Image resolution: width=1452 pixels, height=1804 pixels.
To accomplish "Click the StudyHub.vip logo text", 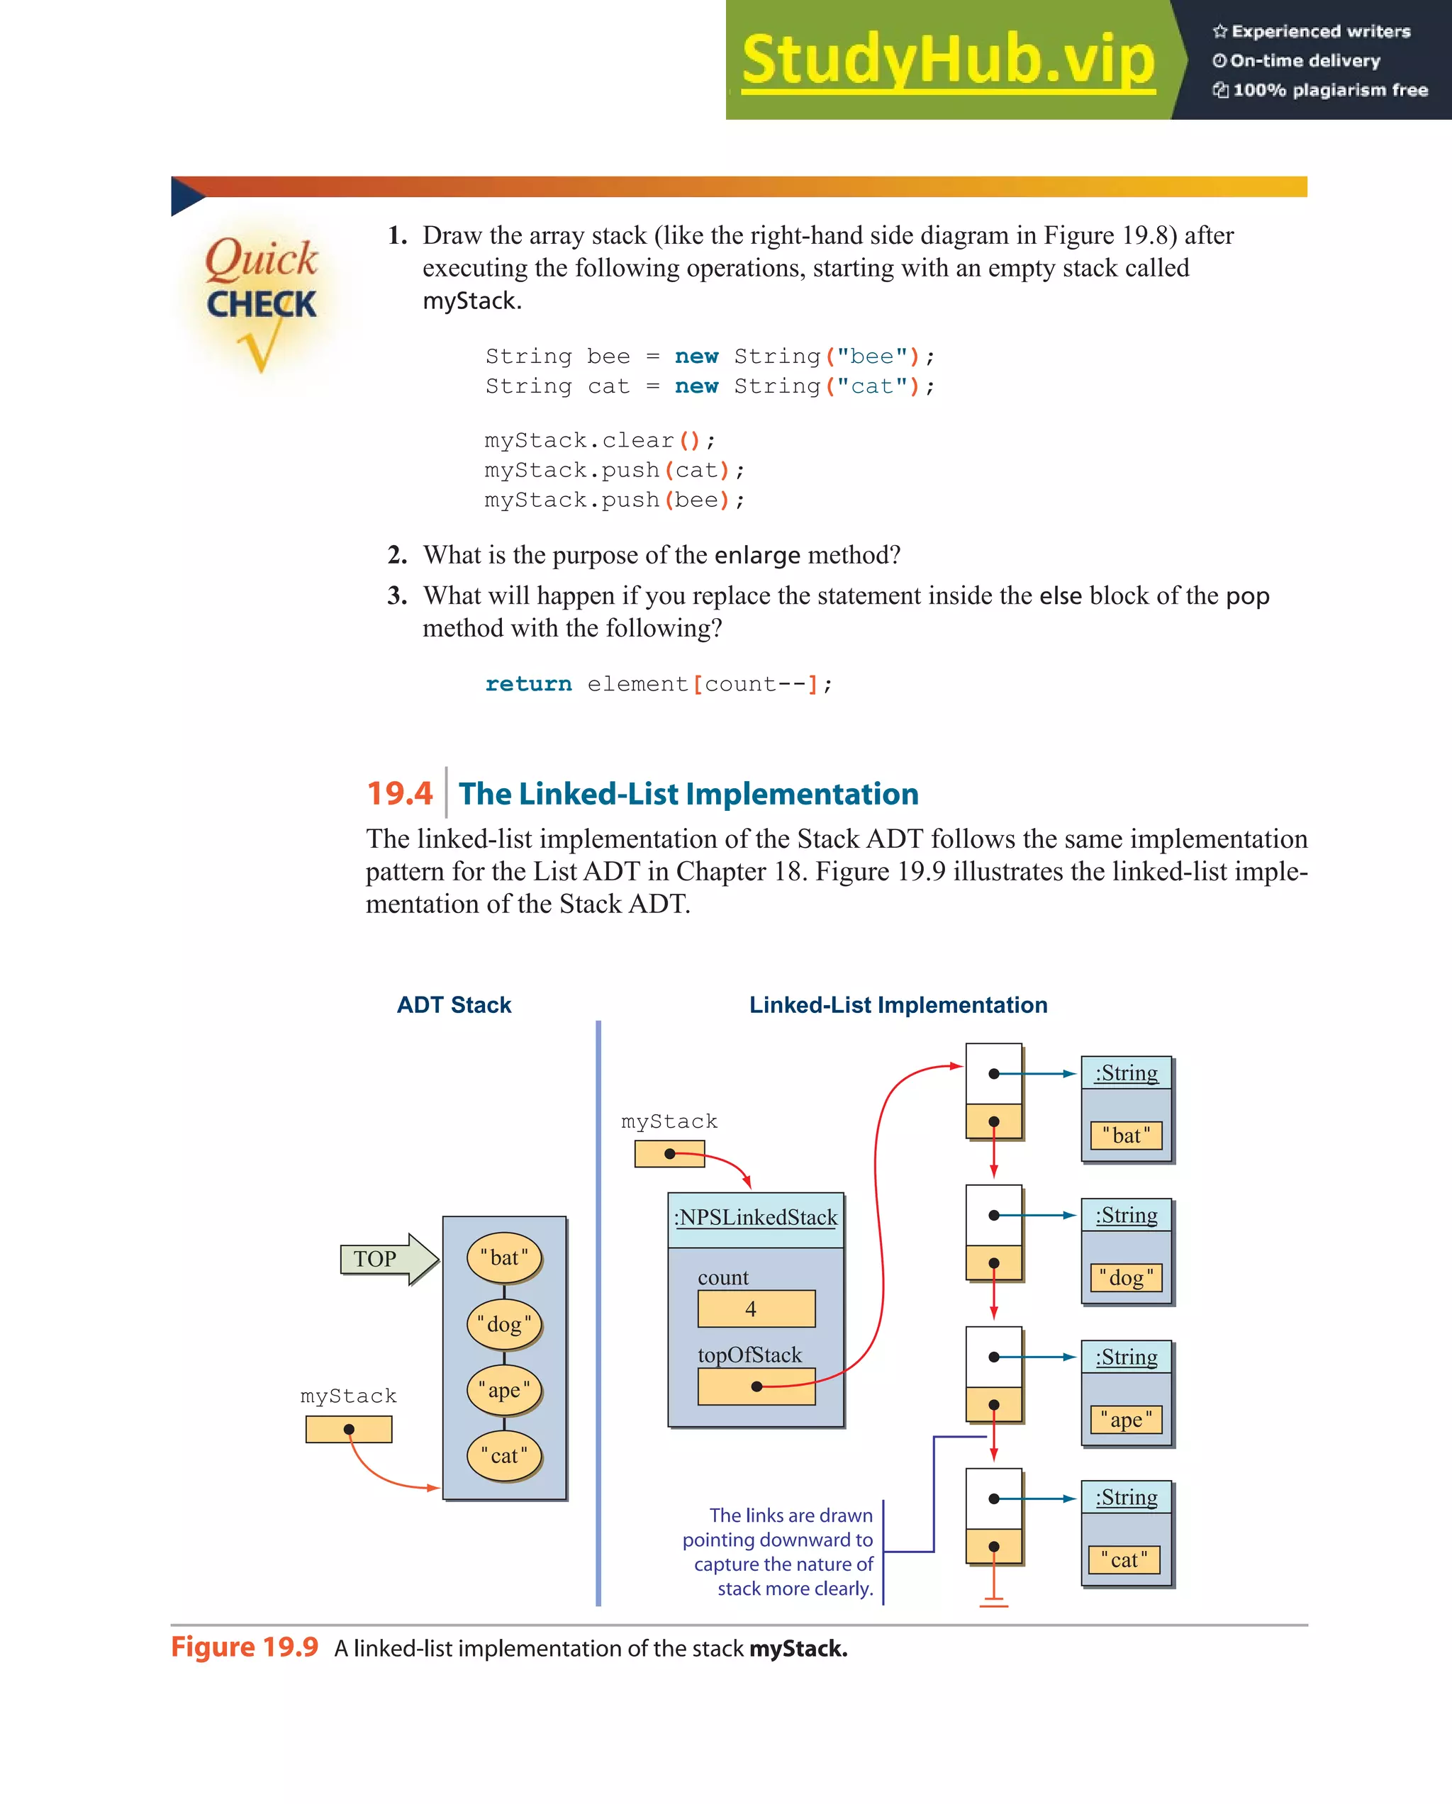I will [x=947, y=60].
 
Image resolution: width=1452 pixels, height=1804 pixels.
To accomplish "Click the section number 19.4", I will [x=400, y=793].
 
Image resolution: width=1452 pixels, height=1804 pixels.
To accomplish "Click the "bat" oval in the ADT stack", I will [x=505, y=1257].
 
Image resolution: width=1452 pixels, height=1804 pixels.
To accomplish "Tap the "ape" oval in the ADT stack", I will [x=505, y=1390].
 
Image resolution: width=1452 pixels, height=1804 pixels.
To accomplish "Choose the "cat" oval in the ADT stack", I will [x=505, y=1456].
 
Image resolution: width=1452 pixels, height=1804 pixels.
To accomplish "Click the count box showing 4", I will [x=756, y=1309].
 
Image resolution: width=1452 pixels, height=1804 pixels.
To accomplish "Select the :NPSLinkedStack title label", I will [x=756, y=1218].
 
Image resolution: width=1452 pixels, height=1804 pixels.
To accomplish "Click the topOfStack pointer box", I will [x=756, y=1386].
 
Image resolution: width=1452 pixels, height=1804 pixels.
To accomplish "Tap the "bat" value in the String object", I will [x=1127, y=1136].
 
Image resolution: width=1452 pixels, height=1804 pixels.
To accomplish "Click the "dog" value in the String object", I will [x=1127, y=1278].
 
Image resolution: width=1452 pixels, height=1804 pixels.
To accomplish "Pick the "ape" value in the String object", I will [x=1127, y=1420].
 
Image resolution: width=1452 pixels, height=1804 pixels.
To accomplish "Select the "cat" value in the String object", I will [x=1124, y=1559].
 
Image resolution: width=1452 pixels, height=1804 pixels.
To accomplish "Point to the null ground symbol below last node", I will [x=993, y=1601].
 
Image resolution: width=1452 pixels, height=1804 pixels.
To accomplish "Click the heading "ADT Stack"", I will [x=454, y=1005].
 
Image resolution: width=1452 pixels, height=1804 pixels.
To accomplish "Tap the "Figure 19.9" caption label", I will [x=245, y=1647].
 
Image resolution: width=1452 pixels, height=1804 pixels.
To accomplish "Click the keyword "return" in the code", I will [x=528, y=685].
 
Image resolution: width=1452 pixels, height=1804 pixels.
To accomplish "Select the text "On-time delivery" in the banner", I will [x=1305, y=60].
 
